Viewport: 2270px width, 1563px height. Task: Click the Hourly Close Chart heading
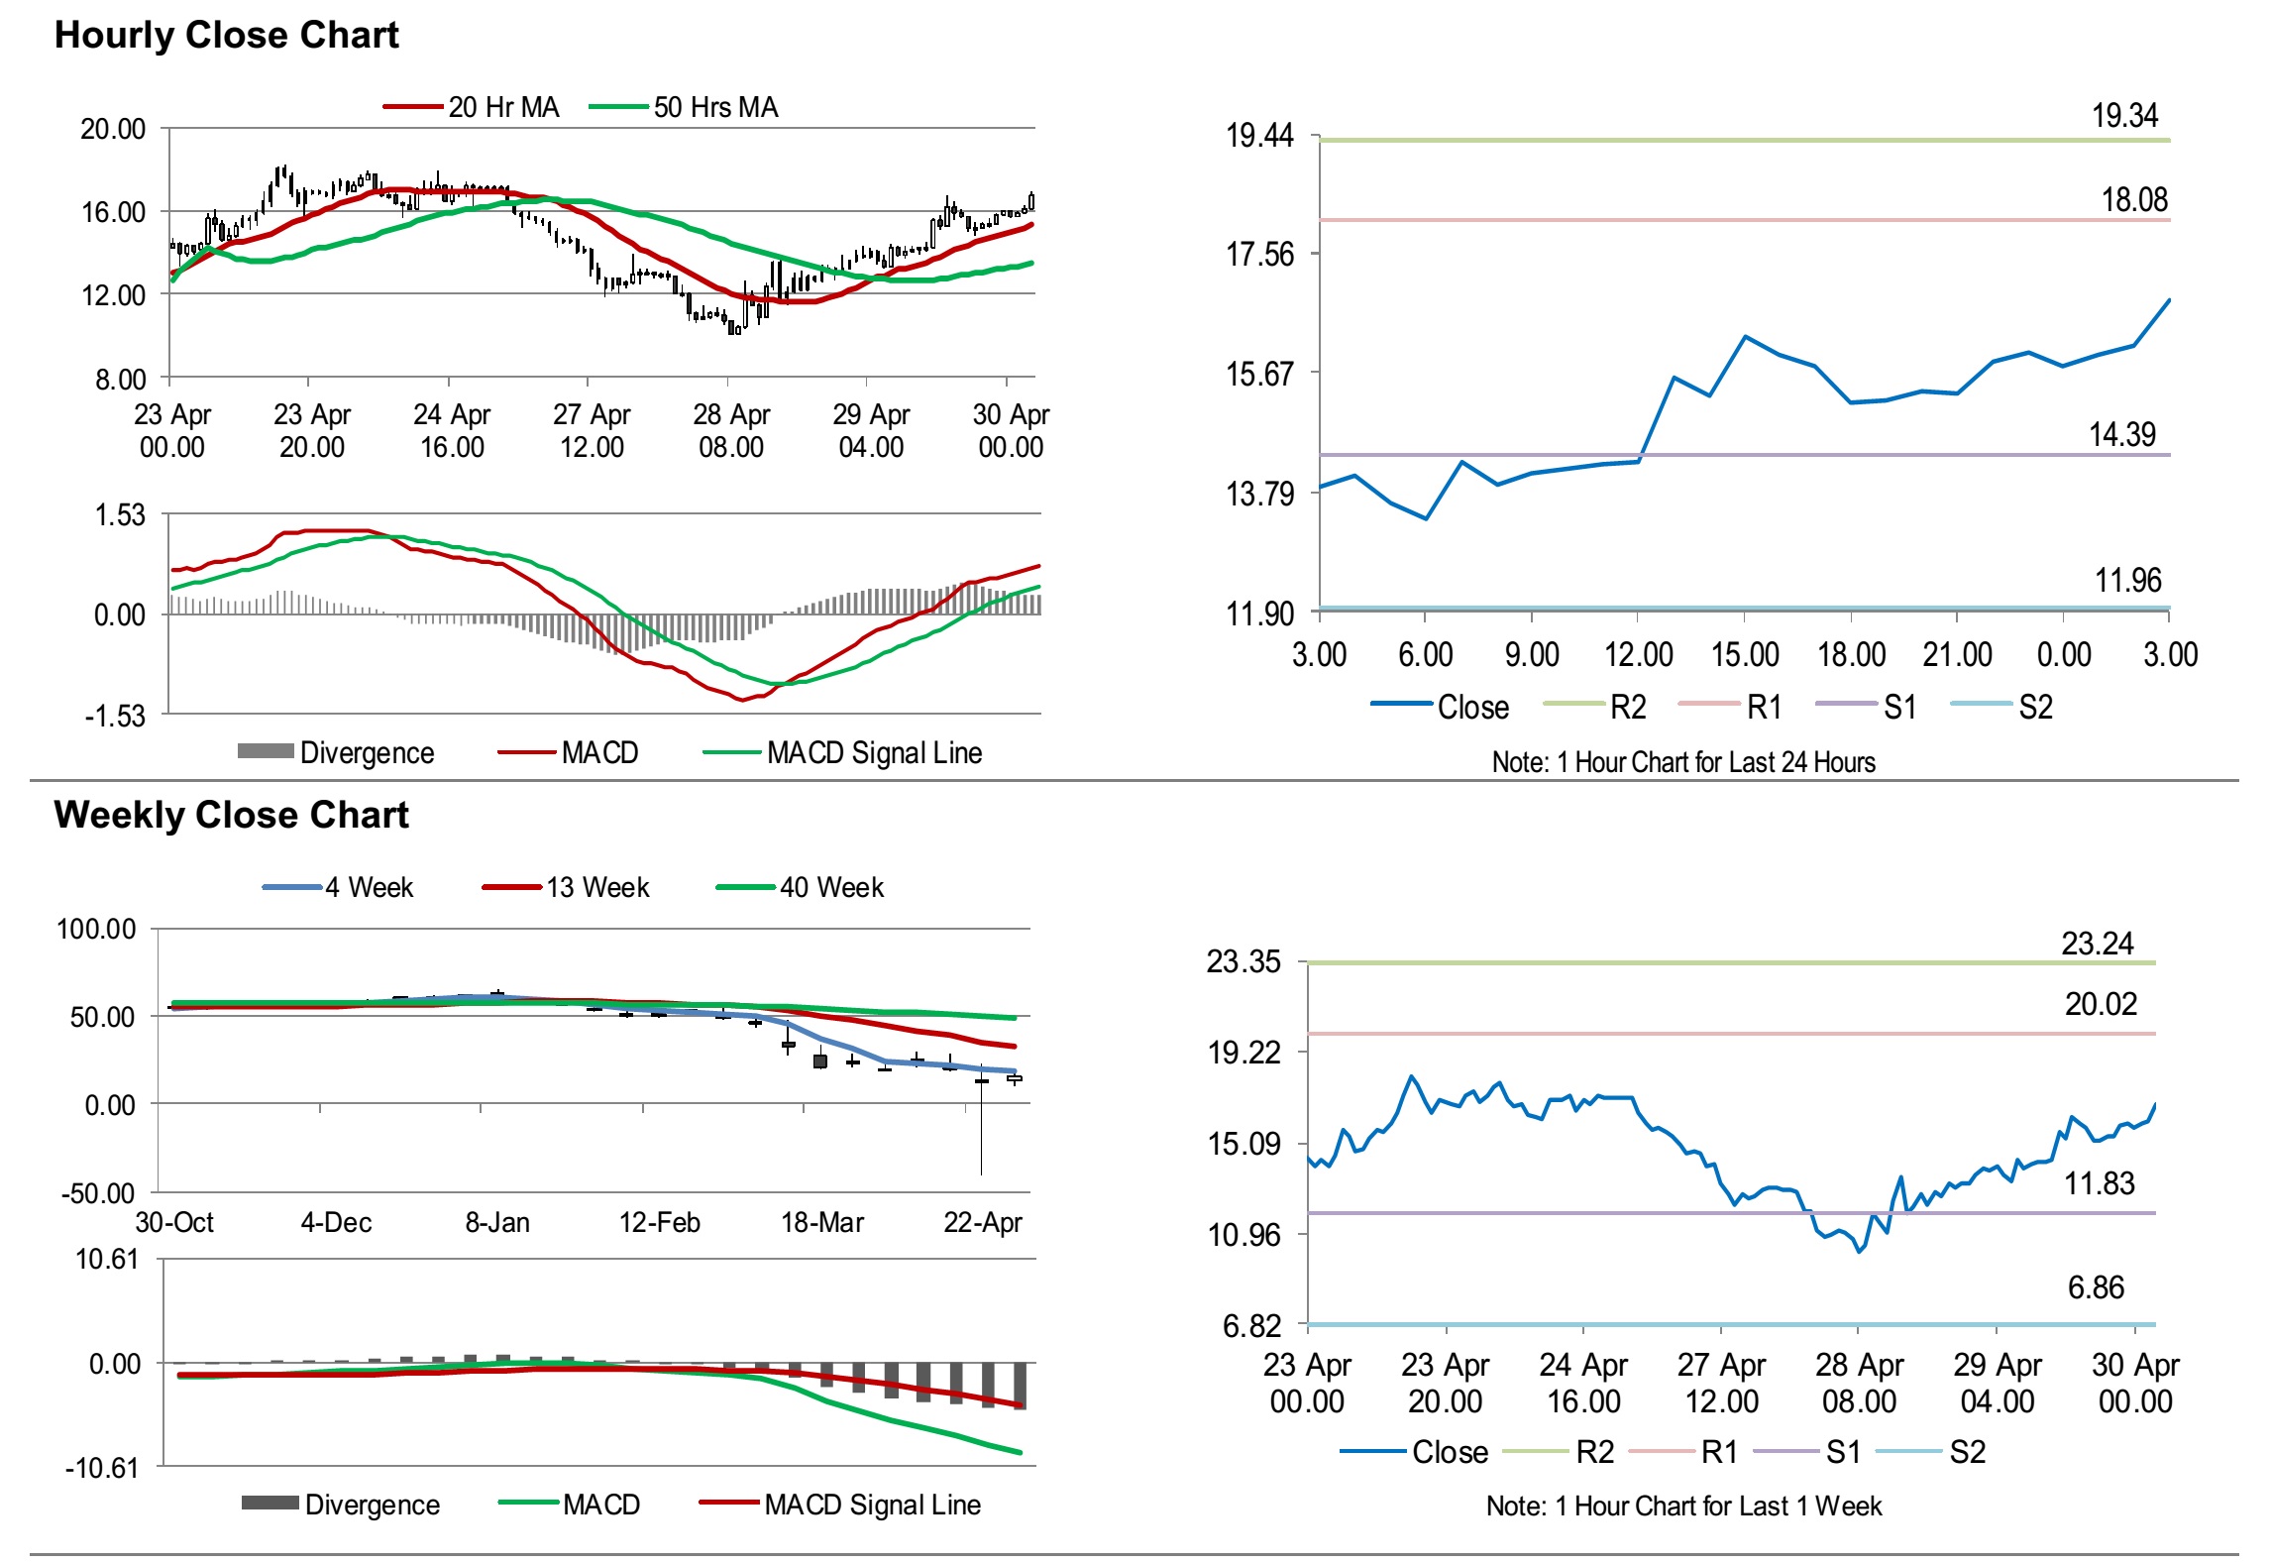point(226,35)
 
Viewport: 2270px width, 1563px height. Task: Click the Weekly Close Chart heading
point(231,815)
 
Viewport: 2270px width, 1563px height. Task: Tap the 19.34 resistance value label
point(2124,116)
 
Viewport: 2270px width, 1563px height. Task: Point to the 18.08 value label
point(2134,200)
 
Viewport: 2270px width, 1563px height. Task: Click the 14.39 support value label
point(2122,434)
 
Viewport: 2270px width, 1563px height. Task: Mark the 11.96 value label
point(2127,580)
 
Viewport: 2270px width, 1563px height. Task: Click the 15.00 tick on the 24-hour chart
point(1745,654)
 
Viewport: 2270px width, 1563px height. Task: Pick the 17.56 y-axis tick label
point(1259,255)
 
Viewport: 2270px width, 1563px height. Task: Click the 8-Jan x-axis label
point(497,1222)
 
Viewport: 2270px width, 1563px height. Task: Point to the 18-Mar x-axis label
point(821,1222)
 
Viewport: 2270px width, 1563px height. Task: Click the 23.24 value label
point(2098,944)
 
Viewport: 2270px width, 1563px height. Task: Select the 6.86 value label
point(2096,1287)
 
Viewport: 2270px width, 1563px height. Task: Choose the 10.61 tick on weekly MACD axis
point(107,1260)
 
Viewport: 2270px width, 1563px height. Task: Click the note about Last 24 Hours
point(1683,762)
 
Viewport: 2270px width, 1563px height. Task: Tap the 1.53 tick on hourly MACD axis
point(119,515)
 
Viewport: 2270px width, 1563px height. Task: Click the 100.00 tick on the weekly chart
point(96,930)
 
